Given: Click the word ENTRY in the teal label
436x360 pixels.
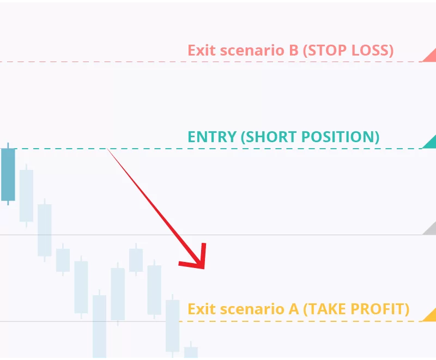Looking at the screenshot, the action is click(x=212, y=137).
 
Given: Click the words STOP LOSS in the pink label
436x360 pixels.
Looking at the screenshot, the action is click(x=348, y=50).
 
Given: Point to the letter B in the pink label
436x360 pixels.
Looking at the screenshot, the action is click(x=294, y=50).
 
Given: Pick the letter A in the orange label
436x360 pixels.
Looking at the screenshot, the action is click(x=294, y=309).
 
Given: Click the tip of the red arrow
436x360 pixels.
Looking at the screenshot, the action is click(x=204, y=269).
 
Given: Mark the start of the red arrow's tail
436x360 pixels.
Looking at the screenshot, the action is click(x=107, y=149).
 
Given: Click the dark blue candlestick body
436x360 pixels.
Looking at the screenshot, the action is click(x=8, y=174).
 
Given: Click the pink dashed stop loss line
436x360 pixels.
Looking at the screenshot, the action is click(x=211, y=62).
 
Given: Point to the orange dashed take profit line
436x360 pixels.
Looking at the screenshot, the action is click(x=301, y=321).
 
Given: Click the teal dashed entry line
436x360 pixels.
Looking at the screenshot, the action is click(x=211, y=149).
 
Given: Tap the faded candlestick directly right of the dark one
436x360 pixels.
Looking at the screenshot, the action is click(x=26, y=196).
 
